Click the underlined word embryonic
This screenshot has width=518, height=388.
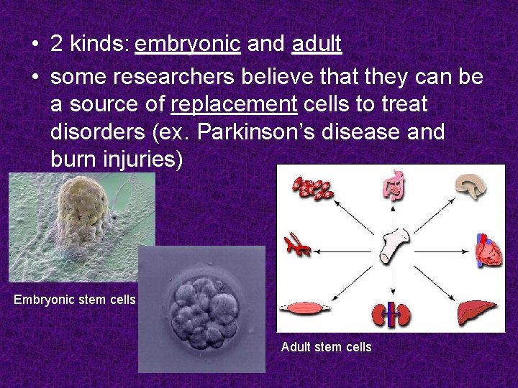[x=187, y=45]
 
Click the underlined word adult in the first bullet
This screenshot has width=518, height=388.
[x=317, y=45]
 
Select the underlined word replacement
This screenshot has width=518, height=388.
[x=234, y=104]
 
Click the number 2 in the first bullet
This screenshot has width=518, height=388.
[x=57, y=45]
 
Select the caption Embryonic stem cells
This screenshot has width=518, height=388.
[x=75, y=300]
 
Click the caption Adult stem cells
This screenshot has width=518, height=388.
[x=326, y=347]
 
